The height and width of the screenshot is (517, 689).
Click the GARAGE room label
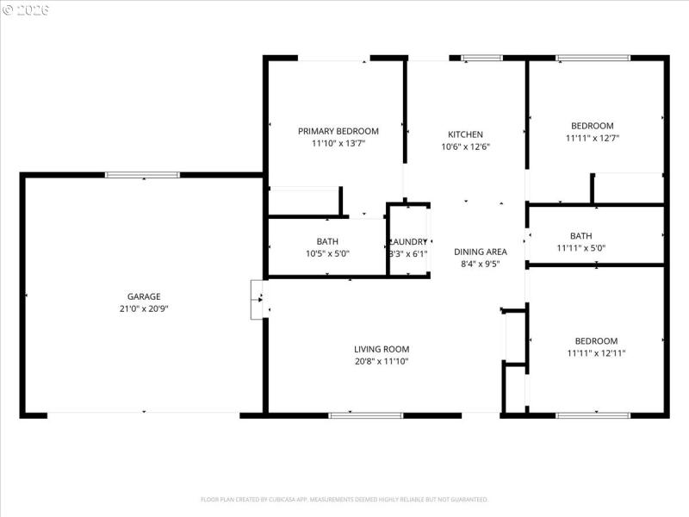pos(144,296)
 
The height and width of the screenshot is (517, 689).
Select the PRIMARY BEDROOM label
pos(338,131)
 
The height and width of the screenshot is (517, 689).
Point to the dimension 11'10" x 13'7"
pos(338,144)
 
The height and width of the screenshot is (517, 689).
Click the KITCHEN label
pos(465,134)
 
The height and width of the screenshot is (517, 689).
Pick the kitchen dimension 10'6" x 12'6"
pos(465,146)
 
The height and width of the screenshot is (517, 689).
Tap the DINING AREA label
pos(481,252)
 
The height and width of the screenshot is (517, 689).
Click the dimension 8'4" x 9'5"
pos(481,265)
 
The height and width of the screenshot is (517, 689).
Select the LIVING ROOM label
pos(382,349)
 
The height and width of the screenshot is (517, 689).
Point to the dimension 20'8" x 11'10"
pos(382,361)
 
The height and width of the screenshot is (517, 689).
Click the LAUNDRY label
pos(408,242)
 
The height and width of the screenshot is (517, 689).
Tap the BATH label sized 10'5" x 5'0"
pos(327,241)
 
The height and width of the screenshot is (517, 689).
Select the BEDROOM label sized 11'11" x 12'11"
pos(592,341)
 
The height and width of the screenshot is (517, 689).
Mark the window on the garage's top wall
pos(142,175)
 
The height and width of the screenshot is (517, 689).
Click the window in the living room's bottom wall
pos(366,415)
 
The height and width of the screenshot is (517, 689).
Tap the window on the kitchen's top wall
pos(481,59)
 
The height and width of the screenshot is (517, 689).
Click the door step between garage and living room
pos(257,300)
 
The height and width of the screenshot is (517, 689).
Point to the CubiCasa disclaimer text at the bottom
pos(344,499)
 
